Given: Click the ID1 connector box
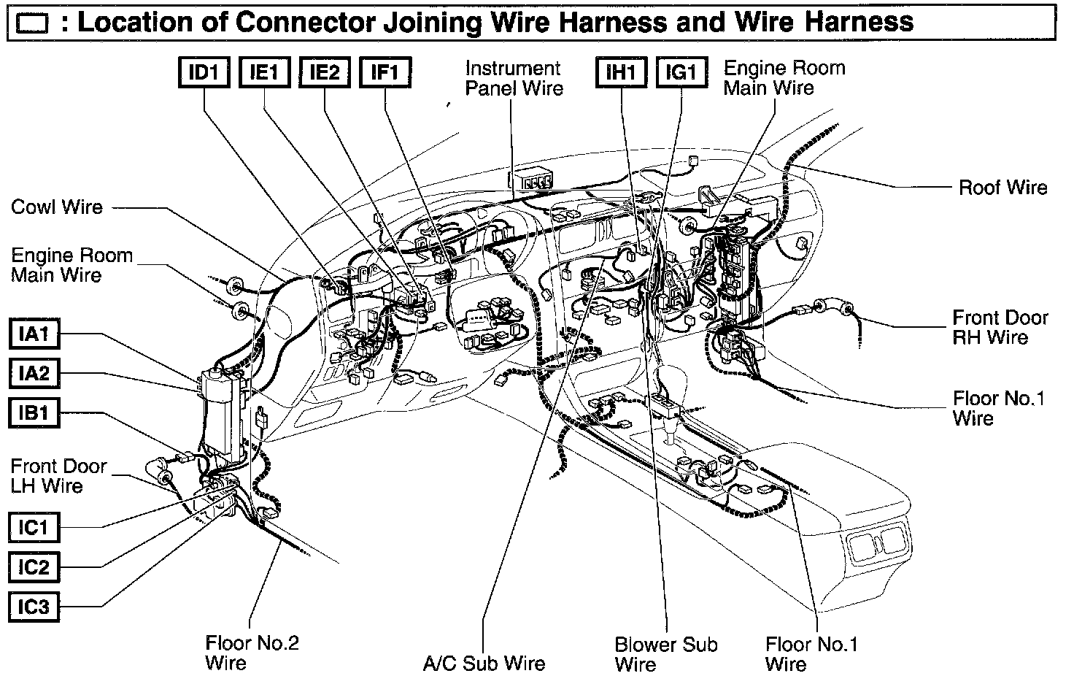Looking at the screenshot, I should [x=204, y=72].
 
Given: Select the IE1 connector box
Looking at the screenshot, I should [x=264, y=72].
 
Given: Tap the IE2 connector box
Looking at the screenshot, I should [x=325, y=72].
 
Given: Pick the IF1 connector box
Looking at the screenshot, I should [x=385, y=72].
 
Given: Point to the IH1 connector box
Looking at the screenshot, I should [x=621, y=72].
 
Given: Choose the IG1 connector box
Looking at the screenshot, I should [x=681, y=72].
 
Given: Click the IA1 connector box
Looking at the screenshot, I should [x=34, y=335].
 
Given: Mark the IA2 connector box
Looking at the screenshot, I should [x=34, y=375].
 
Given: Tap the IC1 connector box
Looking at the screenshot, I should [x=34, y=527].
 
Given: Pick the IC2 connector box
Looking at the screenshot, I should [x=34, y=566].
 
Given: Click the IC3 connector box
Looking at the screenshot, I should [x=34, y=606].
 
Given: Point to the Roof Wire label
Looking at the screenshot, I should [x=1002, y=188].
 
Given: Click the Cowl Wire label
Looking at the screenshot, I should [x=57, y=207].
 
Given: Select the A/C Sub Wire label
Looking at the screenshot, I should [x=484, y=664].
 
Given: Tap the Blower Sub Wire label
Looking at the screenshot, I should [x=665, y=654].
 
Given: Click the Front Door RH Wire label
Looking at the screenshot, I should [x=1000, y=328].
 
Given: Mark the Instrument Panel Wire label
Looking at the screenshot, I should [x=514, y=78].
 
